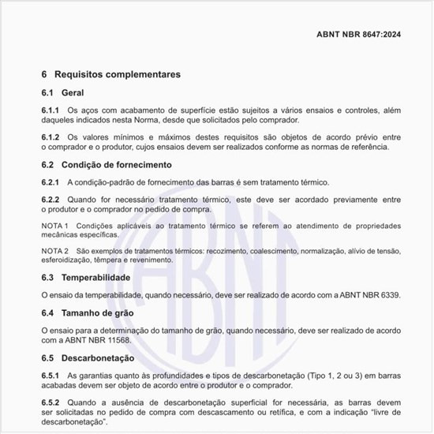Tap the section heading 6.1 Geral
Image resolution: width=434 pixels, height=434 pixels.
[x=62, y=93]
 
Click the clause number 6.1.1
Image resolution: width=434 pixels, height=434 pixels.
[x=51, y=110]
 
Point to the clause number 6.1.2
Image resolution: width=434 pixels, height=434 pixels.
[x=51, y=137]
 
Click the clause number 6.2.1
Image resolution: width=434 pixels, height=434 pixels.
[x=51, y=182]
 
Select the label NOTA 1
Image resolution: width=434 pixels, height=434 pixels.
[x=54, y=226]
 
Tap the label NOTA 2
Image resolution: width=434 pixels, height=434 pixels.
[x=54, y=251]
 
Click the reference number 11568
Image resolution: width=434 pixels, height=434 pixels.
[x=114, y=340]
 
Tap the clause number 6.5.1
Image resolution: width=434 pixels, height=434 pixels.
[x=51, y=376]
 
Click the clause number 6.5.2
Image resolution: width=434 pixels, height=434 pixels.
[x=51, y=402]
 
